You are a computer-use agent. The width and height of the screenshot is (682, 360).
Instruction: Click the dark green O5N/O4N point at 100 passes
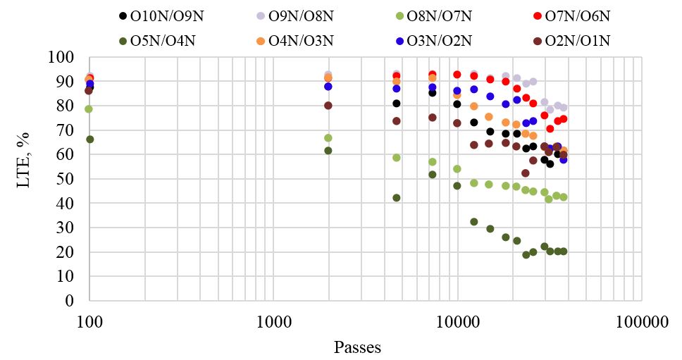click(89, 139)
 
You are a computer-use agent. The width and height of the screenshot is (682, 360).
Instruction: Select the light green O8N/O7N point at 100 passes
click(89, 109)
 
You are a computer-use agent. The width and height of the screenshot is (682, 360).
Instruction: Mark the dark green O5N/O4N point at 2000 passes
click(328, 151)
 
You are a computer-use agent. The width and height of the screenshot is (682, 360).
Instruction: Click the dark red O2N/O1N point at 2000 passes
click(328, 106)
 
